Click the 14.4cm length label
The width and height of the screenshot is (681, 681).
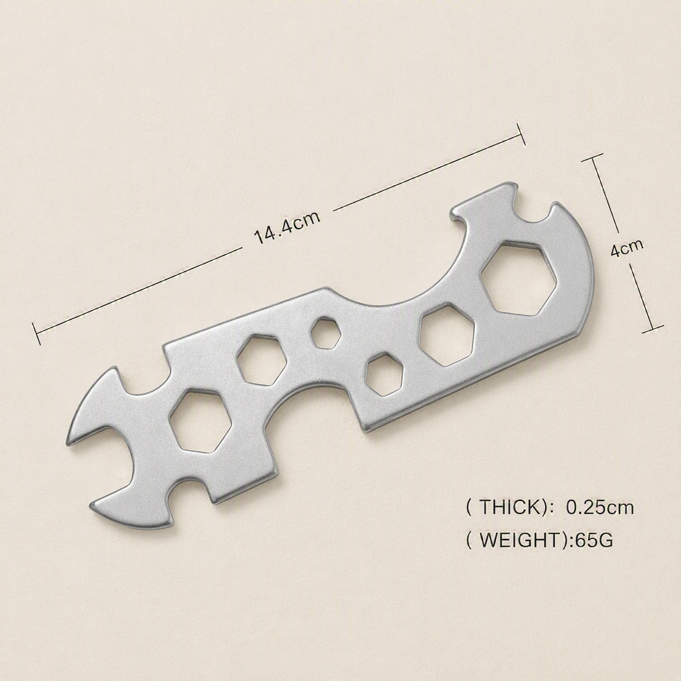pos(287,228)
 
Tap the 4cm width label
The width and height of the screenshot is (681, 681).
pos(627,248)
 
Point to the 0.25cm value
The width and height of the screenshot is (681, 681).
pos(600,508)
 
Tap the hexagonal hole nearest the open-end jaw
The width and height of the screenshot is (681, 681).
pos(201,421)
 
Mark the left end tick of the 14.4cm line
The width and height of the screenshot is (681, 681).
pos(36,333)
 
